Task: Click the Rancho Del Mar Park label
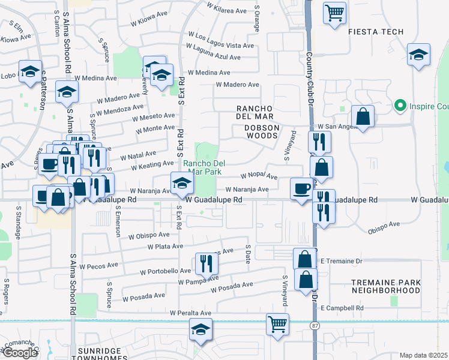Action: click(x=204, y=167)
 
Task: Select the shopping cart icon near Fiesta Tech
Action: click(x=334, y=12)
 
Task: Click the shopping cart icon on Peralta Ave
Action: click(x=278, y=324)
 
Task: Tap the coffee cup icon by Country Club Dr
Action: click(x=301, y=188)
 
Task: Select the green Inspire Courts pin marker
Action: click(x=400, y=106)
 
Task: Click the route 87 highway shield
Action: click(x=315, y=325)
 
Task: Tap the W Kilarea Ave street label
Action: click(x=226, y=11)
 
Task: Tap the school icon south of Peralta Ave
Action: click(x=200, y=329)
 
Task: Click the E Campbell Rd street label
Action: click(x=342, y=308)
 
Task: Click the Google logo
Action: click(x=20, y=352)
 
